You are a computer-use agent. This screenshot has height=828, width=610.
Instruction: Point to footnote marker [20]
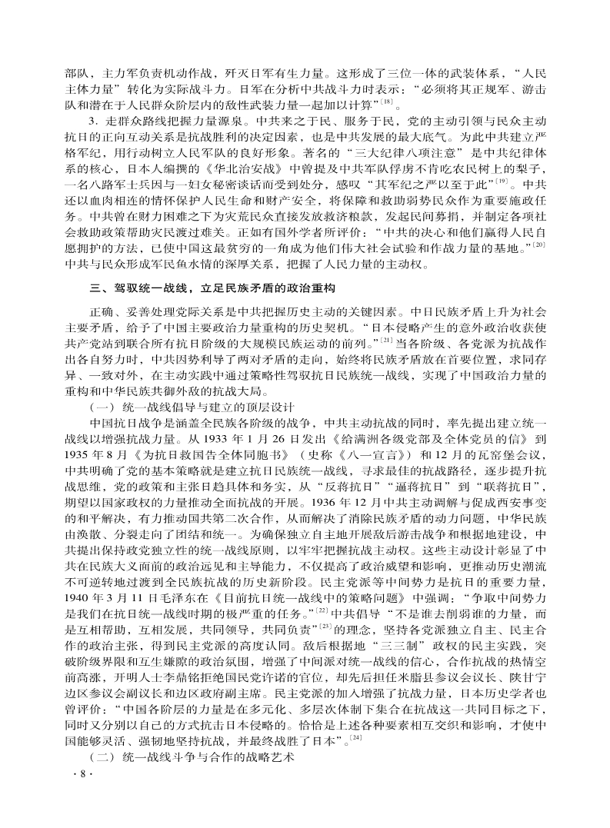coord(540,244)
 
